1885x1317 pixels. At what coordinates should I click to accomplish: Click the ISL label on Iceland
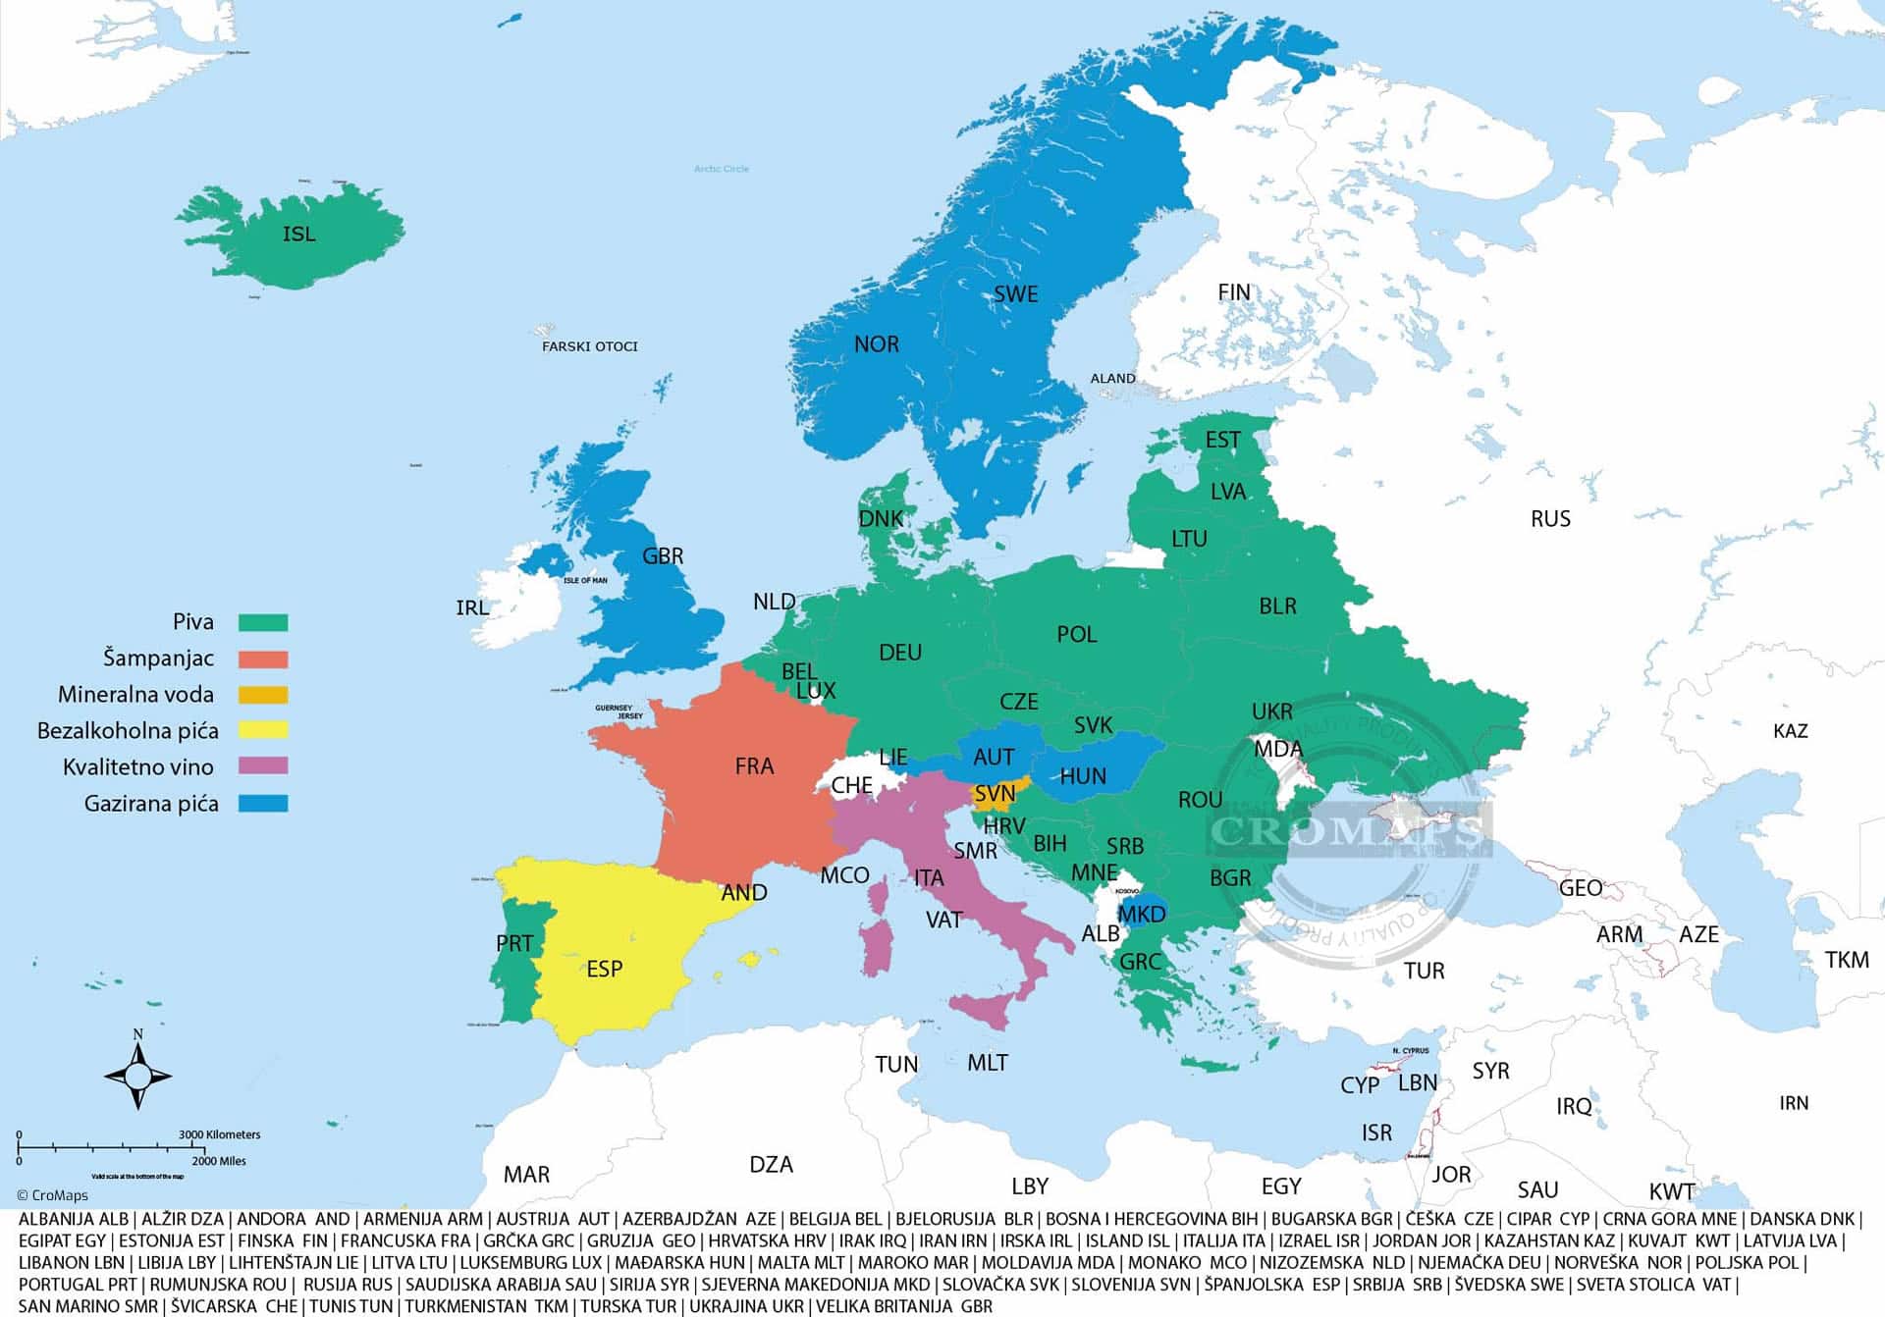click(x=299, y=234)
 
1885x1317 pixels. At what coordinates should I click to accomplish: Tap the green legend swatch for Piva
click(x=263, y=622)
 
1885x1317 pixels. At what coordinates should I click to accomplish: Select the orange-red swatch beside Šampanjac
click(x=263, y=658)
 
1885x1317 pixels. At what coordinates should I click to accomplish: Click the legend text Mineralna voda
click(x=135, y=695)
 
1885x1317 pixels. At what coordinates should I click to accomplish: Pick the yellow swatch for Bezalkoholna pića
click(x=263, y=730)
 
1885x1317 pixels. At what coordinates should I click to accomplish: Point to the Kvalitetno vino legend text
click(x=137, y=767)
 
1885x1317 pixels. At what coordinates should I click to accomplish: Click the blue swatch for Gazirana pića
click(x=263, y=803)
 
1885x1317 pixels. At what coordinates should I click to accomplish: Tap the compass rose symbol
click(x=137, y=1076)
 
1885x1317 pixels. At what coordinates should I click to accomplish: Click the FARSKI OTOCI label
click(x=589, y=346)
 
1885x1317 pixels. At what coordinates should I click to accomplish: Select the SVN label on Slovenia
click(x=995, y=793)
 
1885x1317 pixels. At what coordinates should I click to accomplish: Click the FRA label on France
click(x=754, y=766)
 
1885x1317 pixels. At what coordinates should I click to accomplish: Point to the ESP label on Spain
click(x=604, y=970)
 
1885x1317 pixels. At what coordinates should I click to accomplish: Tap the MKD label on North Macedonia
click(x=1142, y=915)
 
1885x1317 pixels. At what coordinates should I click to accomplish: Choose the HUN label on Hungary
click(x=1083, y=776)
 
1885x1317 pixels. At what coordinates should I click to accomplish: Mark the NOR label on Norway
click(x=876, y=344)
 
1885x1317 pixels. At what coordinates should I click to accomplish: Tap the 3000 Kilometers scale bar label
click(x=219, y=1134)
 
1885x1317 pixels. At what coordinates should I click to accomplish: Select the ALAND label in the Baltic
click(x=1112, y=378)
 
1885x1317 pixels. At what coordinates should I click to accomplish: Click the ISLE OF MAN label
click(x=585, y=580)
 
